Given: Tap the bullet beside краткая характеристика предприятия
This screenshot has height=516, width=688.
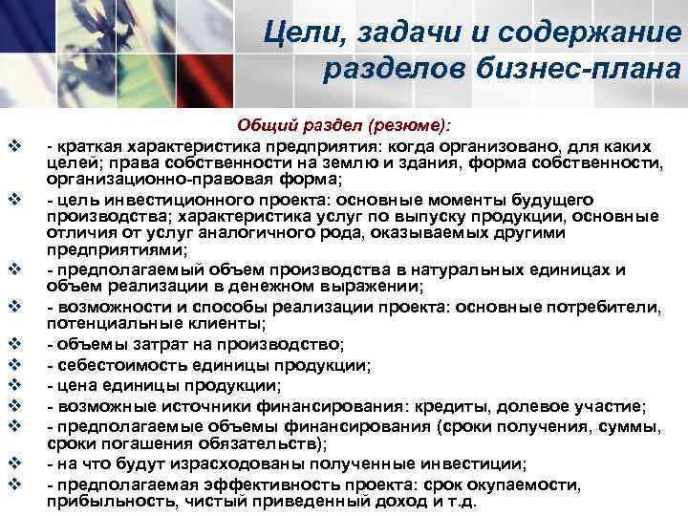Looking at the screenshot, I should (14, 146).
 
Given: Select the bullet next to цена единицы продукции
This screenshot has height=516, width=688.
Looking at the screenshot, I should (14, 385).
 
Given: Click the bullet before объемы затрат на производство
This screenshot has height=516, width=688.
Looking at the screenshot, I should (14, 343).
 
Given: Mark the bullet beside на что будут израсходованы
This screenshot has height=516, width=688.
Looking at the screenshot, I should (14, 463).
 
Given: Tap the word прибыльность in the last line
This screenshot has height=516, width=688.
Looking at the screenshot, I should (99, 502).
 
